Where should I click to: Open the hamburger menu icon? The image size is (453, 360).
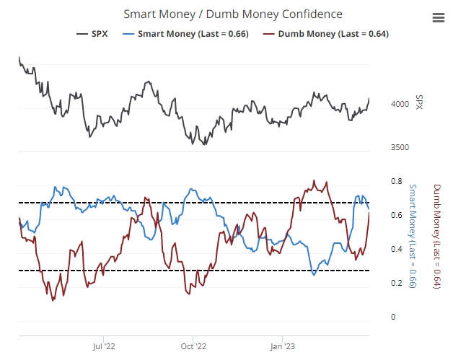[438, 18]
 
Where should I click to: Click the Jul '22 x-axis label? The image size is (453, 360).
[104, 346]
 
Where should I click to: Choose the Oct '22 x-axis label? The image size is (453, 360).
[193, 346]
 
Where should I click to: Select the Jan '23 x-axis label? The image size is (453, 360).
[281, 346]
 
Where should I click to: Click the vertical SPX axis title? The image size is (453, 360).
[419, 103]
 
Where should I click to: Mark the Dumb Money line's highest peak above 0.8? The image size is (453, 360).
[314, 180]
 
